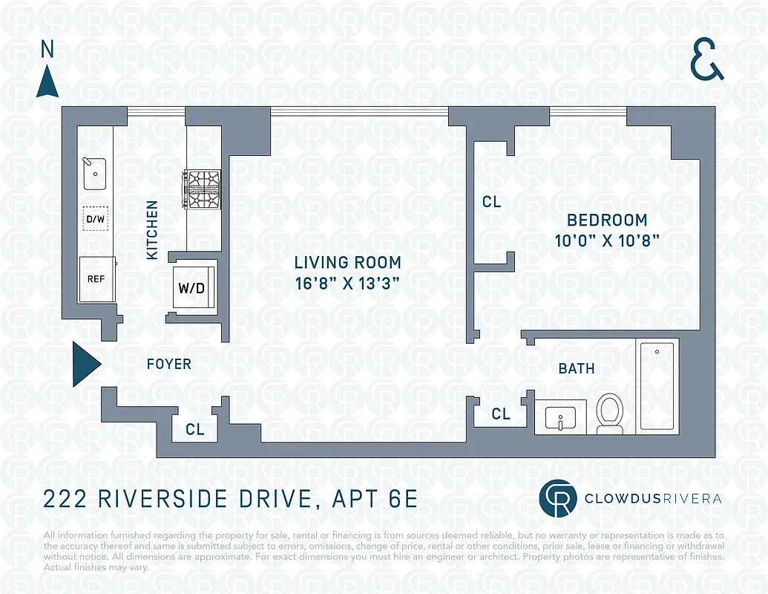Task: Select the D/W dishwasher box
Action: tap(95, 218)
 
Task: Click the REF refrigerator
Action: tap(96, 279)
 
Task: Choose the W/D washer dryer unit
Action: tap(192, 287)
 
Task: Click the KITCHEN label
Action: tap(152, 230)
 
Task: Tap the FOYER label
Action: tap(168, 364)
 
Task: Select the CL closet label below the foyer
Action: tap(194, 429)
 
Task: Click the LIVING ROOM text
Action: tap(347, 262)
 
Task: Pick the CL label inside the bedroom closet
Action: tap(491, 202)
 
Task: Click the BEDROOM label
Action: tap(607, 220)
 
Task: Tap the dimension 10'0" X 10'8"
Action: tap(607, 241)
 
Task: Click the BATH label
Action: tap(577, 368)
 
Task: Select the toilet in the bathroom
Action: tap(610, 413)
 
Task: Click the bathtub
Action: tap(657, 386)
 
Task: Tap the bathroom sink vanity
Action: tap(561, 417)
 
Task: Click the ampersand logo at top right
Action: tap(706, 61)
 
